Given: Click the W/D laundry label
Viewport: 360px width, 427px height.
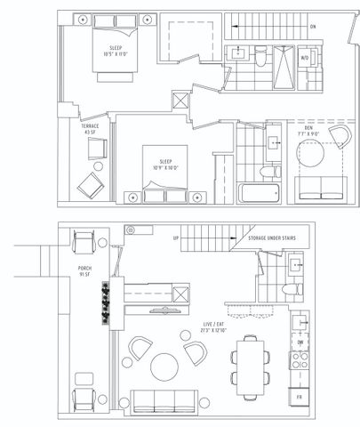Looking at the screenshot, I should [305, 59].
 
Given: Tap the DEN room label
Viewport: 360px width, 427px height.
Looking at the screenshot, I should [308, 128].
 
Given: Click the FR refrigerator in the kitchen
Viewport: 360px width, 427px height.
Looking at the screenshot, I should [300, 393].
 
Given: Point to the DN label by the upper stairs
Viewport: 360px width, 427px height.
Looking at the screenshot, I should [313, 27].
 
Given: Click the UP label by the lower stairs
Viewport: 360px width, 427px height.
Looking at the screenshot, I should [175, 239].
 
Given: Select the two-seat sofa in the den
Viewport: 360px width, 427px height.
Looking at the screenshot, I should [322, 188].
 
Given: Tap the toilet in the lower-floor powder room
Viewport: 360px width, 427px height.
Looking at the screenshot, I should [287, 294].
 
